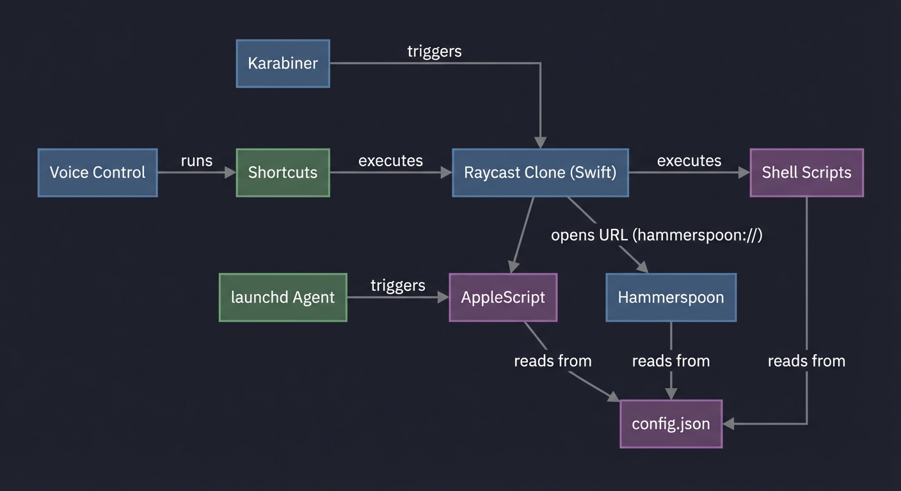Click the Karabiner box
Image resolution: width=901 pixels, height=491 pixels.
pos(283,63)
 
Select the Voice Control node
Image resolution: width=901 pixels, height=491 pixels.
pos(97,173)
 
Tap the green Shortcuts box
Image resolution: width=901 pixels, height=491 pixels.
pos(283,173)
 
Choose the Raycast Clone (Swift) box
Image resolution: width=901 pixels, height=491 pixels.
pos(540,173)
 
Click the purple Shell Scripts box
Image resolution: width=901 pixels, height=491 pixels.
pos(806,173)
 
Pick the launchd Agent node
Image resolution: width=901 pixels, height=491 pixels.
pos(283,297)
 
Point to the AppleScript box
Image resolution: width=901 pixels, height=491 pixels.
pos(503,297)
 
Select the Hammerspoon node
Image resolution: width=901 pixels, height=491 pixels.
pos(671,297)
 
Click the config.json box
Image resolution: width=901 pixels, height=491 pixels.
pos(671,424)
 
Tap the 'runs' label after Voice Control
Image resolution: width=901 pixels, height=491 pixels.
pos(196,160)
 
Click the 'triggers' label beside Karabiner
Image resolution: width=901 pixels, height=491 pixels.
pos(435,51)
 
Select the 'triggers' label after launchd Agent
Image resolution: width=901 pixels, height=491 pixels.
pos(397,285)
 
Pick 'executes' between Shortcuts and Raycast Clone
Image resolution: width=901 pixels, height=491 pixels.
pos(390,160)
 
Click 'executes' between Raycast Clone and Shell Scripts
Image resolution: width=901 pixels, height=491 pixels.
pos(689,160)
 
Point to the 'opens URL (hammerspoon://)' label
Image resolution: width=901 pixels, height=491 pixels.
pos(657,235)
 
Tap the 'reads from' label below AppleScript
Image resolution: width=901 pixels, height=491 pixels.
pos(553,361)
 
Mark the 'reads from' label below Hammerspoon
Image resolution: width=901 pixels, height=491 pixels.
pos(671,361)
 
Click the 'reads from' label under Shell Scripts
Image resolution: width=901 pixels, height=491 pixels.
pos(806,361)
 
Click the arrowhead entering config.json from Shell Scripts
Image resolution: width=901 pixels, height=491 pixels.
pos(728,424)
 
